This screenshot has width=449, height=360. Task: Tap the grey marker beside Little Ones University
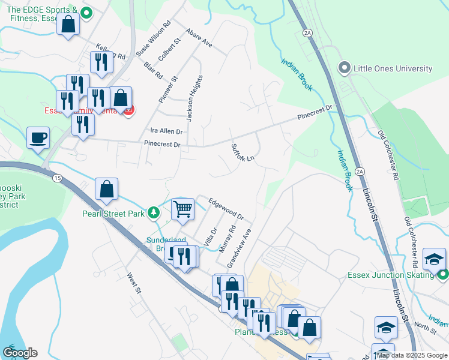[x=345, y=68]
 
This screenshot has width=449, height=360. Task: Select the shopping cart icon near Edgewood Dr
[x=182, y=209]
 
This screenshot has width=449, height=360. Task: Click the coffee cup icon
[x=38, y=137]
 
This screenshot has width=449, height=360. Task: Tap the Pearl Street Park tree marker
[x=154, y=212]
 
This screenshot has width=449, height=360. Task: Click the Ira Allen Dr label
[x=166, y=131]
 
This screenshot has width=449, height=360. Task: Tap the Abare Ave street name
[x=199, y=37]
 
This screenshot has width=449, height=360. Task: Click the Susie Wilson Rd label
[x=153, y=39]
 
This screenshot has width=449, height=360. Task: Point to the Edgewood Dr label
[x=226, y=208]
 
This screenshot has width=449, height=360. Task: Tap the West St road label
[x=133, y=284]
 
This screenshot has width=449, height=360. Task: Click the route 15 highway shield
[x=57, y=178]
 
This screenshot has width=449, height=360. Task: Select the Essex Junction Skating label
[x=390, y=275]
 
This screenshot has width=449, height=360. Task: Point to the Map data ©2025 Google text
[x=412, y=355]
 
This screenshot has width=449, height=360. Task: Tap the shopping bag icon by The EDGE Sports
[x=68, y=25]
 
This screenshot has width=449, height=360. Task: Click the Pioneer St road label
[x=174, y=88]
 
